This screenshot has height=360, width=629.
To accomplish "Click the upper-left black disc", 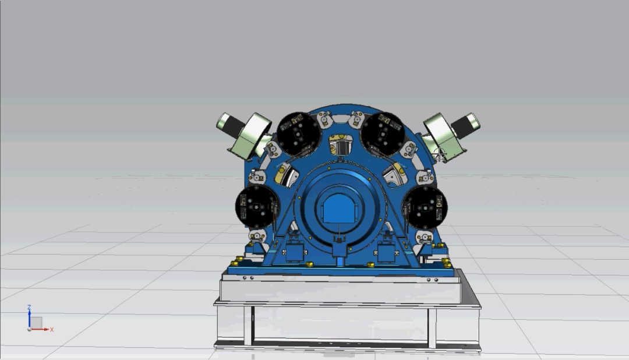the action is tap(299, 134).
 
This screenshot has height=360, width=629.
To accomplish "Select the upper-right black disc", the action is tap(383, 134).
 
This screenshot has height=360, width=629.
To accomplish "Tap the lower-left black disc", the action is tap(257, 207).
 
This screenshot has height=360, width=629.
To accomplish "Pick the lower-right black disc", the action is tap(425, 207).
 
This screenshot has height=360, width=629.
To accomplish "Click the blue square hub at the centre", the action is tap(338, 208).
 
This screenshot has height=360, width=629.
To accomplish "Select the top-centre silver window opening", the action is tap(341, 145).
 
